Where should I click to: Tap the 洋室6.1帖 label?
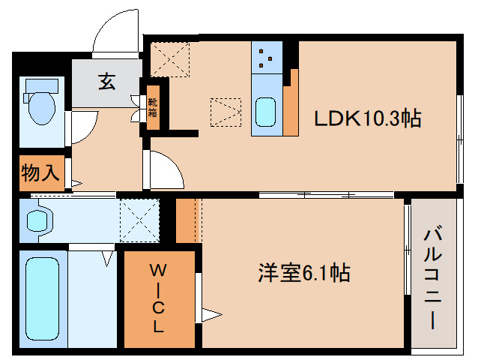303,273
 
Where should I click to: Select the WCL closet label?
159,297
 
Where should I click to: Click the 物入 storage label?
40,173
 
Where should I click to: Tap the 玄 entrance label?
106,81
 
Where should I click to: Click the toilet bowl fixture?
41,106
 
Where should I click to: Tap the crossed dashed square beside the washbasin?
140,220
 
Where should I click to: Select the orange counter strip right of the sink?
290,101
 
